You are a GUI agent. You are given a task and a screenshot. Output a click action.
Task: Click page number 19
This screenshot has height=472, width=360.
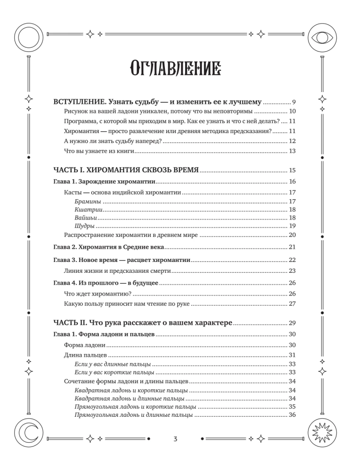point(291,226)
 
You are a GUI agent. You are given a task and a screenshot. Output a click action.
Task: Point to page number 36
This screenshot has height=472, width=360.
point(291,415)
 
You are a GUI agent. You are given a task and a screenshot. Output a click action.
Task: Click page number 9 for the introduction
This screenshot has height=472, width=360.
point(293,102)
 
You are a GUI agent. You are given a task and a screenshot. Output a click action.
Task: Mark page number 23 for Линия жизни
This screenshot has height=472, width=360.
point(291,271)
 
